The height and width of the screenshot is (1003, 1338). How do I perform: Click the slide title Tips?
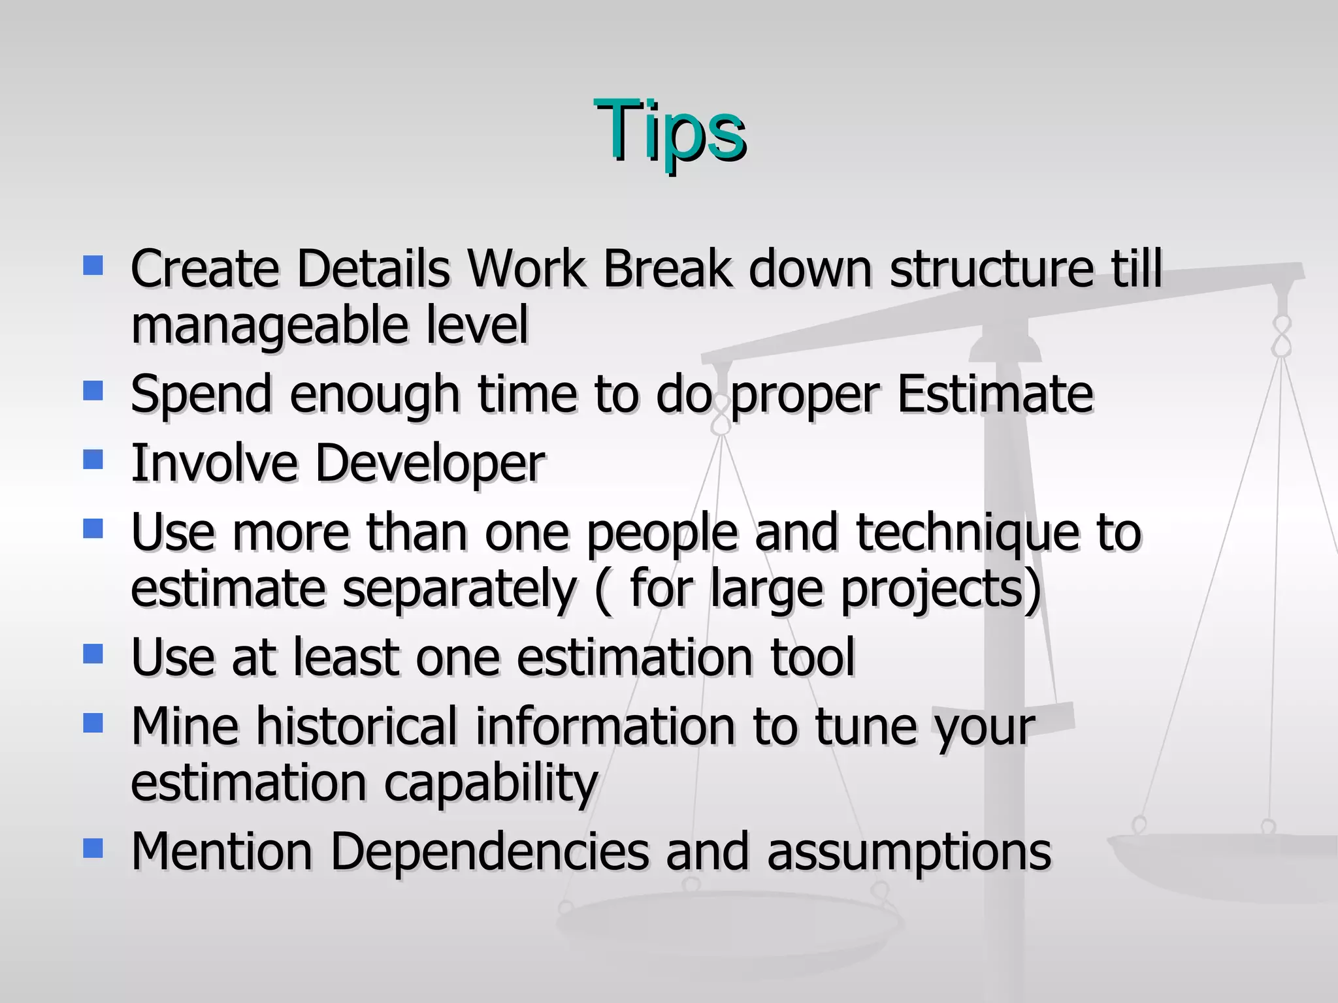[x=670, y=131]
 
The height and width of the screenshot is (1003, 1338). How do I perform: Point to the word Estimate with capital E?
[x=995, y=394]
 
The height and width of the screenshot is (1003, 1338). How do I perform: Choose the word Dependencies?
[x=489, y=852]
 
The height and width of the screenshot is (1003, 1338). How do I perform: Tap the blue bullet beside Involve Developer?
[x=93, y=460]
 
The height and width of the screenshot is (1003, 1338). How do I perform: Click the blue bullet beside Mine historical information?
[x=93, y=722]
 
